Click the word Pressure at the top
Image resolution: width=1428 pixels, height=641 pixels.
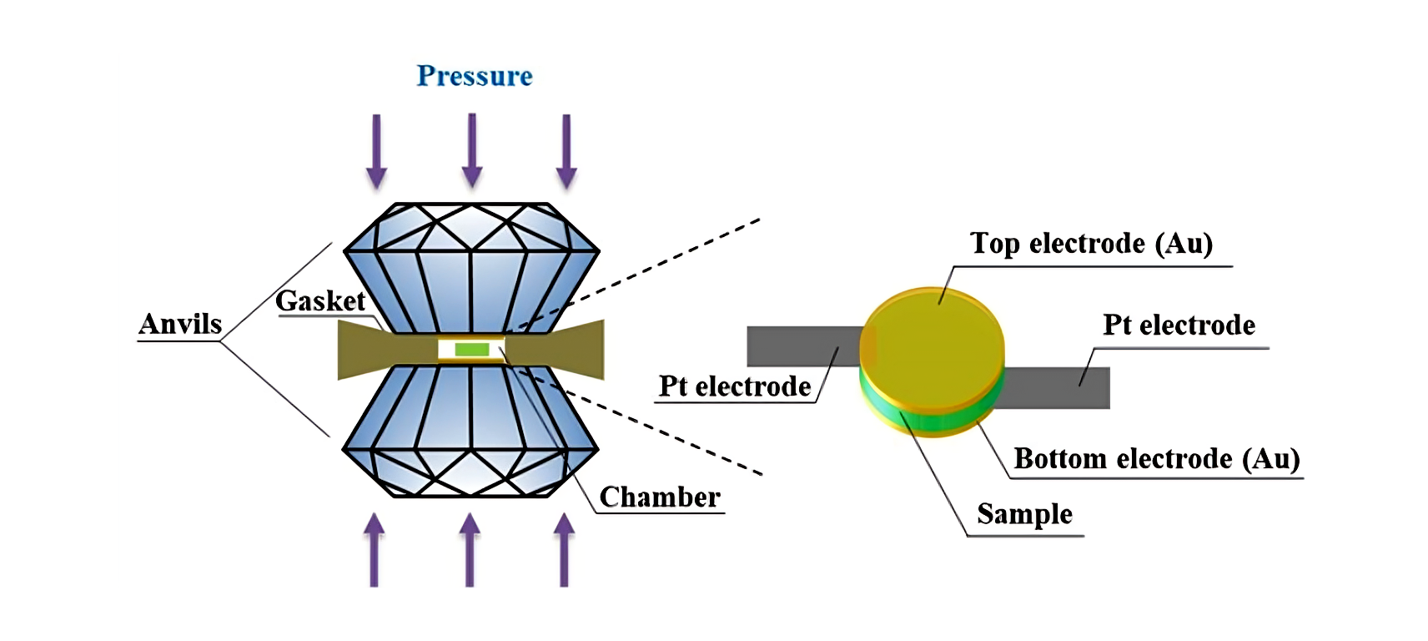pyautogui.click(x=475, y=76)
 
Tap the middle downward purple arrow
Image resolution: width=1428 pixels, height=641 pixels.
pyautogui.click(x=472, y=150)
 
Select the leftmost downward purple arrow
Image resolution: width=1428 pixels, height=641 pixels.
pyautogui.click(x=377, y=150)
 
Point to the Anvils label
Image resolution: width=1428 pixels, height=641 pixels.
pyautogui.click(x=180, y=324)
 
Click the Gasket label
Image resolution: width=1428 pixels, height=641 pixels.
pyautogui.click(x=320, y=301)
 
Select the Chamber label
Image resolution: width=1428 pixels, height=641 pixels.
pyautogui.click(x=660, y=497)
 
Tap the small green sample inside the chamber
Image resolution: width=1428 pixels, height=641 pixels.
pyautogui.click(x=472, y=349)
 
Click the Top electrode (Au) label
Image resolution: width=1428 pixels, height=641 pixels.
pyautogui.click(x=1091, y=244)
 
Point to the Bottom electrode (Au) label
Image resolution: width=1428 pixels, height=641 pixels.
pyautogui.click(x=1157, y=459)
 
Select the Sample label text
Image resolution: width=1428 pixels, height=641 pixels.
pyautogui.click(x=1024, y=514)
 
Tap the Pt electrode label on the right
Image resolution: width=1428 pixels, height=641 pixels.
pyautogui.click(x=1179, y=326)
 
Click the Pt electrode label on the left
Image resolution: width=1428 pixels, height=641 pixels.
pyautogui.click(x=735, y=386)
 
